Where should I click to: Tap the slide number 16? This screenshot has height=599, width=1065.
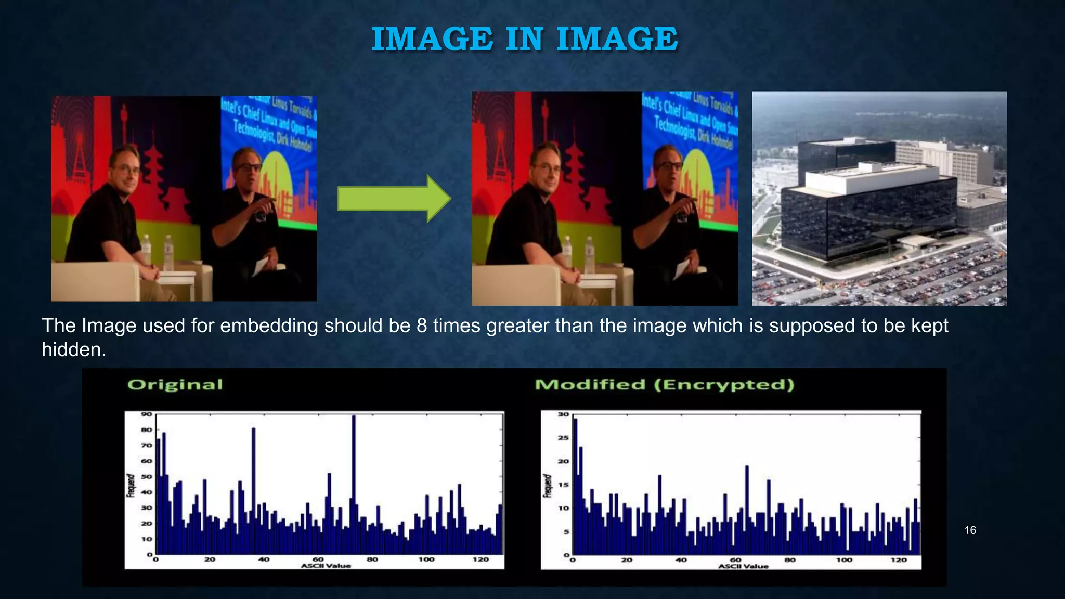(x=970, y=530)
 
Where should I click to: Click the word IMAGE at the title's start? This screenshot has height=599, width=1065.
(x=432, y=39)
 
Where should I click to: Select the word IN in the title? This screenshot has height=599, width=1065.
(x=524, y=39)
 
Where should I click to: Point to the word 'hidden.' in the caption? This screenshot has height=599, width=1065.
(x=74, y=350)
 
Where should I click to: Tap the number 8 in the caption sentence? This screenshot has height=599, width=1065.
(x=422, y=326)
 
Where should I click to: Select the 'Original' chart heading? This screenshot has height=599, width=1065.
(x=175, y=385)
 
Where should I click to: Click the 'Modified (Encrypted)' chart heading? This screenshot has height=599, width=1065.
(x=665, y=385)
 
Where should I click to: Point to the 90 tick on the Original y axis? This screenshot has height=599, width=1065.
(x=146, y=414)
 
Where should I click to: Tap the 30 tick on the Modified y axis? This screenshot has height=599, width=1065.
(x=564, y=414)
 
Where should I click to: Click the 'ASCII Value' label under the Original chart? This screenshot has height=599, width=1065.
(x=326, y=566)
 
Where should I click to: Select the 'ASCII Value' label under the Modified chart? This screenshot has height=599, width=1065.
(x=743, y=566)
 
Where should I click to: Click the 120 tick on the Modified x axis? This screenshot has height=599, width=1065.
(x=899, y=560)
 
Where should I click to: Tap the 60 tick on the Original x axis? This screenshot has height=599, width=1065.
(x=318, y=559)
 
